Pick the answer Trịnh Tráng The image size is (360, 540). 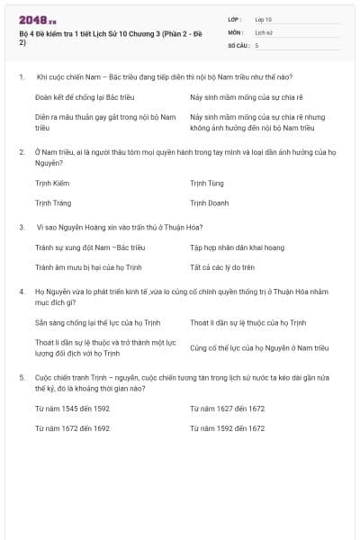[x=53, y=203]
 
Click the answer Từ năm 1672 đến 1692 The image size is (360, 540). [x=73, y=428]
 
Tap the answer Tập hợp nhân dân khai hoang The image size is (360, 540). [x=237, y=247]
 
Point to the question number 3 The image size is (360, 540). [x=21, y=227]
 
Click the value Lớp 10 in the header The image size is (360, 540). [x=264, y=19]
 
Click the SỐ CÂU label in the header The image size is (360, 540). [x=238, y=44]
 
